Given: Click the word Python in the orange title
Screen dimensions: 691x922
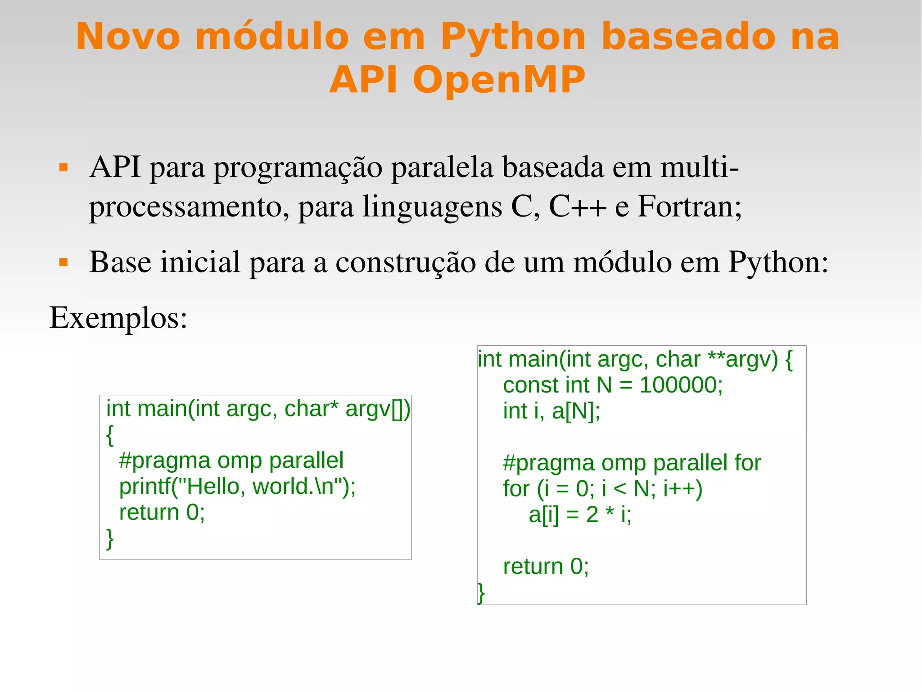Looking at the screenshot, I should pos(513,37).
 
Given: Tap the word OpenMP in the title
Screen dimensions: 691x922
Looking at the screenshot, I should pos(499,79).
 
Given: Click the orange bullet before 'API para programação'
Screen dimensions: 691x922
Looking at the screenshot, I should pos(63,168).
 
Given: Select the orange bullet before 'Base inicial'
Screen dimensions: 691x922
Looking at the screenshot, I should pos(63,262).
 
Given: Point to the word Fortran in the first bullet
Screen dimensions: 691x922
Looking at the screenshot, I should pos(689,206).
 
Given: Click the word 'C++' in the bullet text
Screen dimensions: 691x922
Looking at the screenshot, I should pos(577,206).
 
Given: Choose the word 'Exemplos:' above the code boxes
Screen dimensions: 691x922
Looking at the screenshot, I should pos(118,317).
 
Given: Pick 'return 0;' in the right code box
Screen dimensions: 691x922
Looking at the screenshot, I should pos(546,566).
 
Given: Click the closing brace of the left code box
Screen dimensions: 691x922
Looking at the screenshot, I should pos(110,538).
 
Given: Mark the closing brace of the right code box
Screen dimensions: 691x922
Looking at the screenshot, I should pos(481,592).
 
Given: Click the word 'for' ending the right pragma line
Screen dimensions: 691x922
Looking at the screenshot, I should pos(747,463).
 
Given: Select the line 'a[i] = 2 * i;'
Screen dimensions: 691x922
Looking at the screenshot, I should pos(580,515).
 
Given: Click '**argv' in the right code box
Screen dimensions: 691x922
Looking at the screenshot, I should pos(742,359).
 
